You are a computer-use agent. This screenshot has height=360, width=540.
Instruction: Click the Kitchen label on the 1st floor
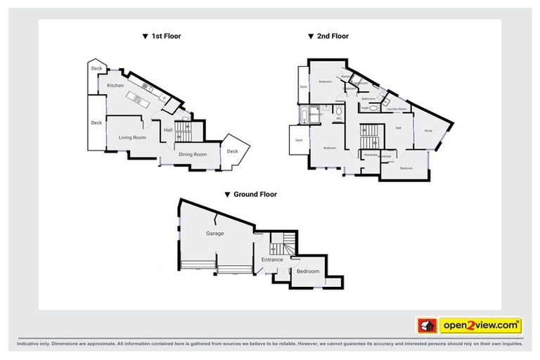tap(115, 86)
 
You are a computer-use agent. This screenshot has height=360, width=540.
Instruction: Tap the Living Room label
tap(132, 137)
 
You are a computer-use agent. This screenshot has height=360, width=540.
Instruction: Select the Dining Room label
tap(192, 154)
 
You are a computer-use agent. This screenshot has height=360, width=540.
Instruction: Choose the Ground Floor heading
tap(250, 194)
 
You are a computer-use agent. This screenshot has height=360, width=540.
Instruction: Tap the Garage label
tap(214, 233)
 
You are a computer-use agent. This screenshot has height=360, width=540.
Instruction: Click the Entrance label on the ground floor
tap(272, 259)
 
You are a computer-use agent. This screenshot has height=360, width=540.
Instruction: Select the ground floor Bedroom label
tap(307, 271)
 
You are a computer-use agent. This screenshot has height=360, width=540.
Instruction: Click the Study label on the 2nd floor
tap(428, 130)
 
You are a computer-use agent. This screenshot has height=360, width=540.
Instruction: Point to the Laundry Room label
tap(398, 109)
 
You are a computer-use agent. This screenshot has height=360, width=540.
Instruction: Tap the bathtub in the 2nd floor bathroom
tap(303, 114)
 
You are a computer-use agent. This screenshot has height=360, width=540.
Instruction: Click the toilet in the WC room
tap(339, 111)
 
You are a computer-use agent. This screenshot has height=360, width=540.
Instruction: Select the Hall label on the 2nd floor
tap(398, 128)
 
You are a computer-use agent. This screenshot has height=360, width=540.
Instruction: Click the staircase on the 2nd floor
tap(370, 135)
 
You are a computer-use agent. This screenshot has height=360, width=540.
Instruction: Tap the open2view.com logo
tap(480, 325)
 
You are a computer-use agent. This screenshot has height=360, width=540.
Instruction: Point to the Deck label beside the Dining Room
tap(233, 151)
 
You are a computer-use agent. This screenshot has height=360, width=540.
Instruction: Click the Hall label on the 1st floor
tap(168, 129)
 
